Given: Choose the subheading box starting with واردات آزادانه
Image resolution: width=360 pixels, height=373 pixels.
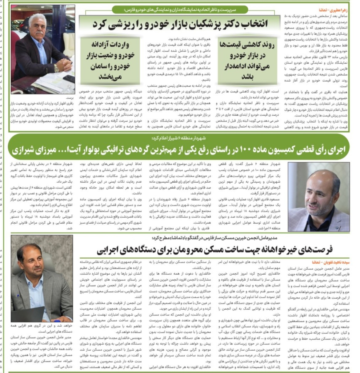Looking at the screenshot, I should pos(110,61).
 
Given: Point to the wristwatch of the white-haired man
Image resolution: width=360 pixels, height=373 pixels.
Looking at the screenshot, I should pos(56,68).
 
